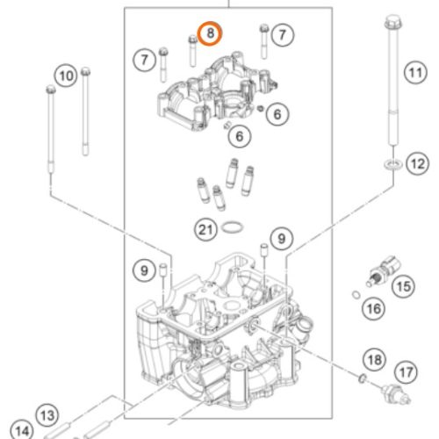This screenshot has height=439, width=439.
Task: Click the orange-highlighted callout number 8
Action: [210, 33]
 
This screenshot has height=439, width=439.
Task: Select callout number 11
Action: [415, 72]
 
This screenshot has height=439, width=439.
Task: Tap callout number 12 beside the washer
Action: [418, 163]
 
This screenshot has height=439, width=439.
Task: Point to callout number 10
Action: [66, 76]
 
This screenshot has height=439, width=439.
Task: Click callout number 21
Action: [205, 229]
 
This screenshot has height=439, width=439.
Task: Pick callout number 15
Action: [404, 286]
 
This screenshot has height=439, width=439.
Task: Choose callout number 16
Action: [374, 308]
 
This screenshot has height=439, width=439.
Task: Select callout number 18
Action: [375, 359]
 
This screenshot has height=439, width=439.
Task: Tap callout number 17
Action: [406, 372]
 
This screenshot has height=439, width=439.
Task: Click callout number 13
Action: [47, 415]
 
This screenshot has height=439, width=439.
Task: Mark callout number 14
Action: [22, 430]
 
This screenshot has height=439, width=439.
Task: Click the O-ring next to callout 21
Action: [233, 227]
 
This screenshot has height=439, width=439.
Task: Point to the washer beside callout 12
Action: [392, 164]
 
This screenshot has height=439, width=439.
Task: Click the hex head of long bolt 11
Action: [393, 23]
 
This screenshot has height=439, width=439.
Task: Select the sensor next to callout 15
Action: [384, 270]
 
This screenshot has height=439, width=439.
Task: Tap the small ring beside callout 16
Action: [356, 295]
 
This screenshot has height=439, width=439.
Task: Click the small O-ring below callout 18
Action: [363, 378]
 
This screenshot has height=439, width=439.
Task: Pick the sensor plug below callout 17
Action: [396, 394]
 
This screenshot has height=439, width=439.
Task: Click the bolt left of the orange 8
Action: [192, 51]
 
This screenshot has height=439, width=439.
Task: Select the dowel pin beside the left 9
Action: [163, 270]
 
